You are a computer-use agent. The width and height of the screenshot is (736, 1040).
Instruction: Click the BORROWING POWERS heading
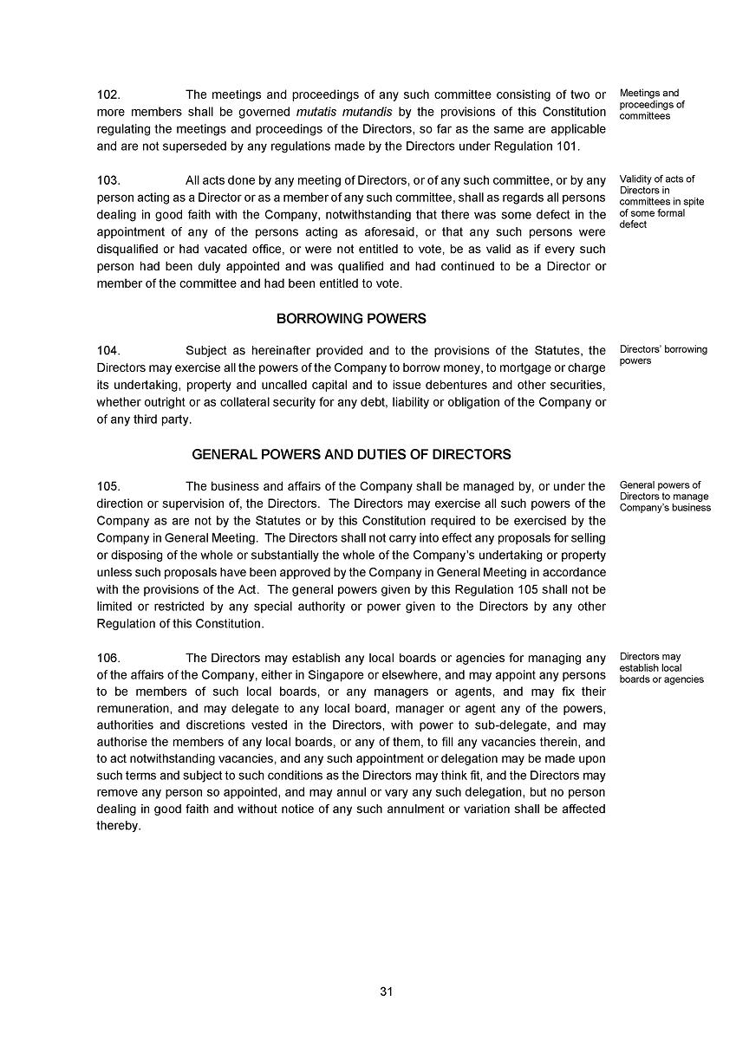pos(351,319)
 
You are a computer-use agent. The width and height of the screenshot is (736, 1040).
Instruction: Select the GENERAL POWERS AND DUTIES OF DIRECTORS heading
pos(351,454)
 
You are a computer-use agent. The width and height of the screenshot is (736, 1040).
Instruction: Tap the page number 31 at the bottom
pos(387,992)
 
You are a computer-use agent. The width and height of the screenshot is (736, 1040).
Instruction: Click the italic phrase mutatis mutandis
pos(344,112)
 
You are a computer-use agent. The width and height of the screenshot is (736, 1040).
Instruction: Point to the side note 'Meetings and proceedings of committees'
pos(652,104)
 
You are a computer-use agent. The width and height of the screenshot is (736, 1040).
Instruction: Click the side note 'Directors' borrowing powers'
pos(663,355)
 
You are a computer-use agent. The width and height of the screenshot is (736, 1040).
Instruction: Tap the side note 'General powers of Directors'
pos(665,497)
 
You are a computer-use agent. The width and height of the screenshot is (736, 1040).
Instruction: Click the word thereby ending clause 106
pos(118,827)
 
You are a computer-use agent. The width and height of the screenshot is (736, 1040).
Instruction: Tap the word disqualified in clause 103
pos(128,250)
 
